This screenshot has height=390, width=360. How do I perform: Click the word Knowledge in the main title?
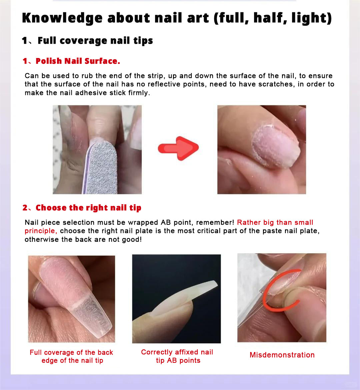click(x=62, y=18)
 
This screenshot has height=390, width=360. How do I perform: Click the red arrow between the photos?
click(x=178, y=148)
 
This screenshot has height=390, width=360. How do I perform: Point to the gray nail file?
click(x=101, y=167)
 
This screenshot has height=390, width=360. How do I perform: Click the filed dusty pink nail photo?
click(x=261, y=149)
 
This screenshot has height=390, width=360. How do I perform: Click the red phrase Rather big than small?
click(x=275, y=222)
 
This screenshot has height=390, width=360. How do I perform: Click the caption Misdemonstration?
click(x=282, y=355)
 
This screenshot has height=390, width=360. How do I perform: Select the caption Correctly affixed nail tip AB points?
click(x=177, y=356)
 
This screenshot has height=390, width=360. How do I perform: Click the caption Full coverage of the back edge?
click(x=71, y=356)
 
